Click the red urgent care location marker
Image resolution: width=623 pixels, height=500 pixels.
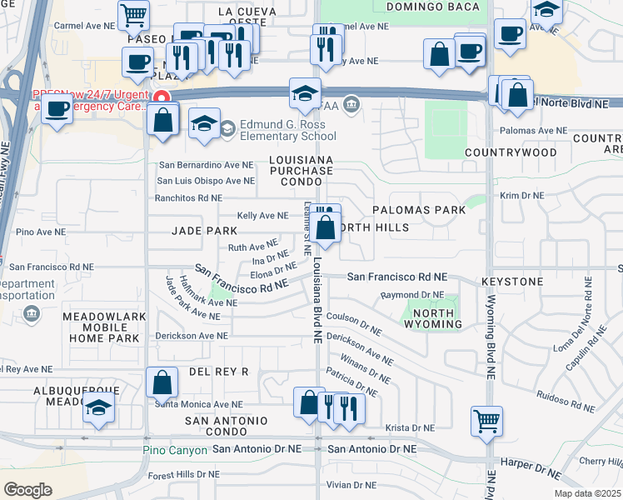click(163, 97)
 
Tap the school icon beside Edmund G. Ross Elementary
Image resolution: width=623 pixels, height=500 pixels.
click(204, 125)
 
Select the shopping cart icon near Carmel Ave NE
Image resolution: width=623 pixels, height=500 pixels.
click(133, 14)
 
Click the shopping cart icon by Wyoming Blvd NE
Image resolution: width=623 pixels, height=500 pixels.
click(486, 419)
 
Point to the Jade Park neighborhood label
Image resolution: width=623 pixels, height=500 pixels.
click(204, 230)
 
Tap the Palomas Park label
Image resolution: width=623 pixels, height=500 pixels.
click(419, 210)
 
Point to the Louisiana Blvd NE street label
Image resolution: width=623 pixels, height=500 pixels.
click(317, 300)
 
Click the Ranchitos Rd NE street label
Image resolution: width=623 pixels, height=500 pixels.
click(188, 198)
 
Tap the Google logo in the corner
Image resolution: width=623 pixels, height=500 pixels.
click(27, 489)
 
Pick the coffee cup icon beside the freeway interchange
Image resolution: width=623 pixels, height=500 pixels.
click(57, 107)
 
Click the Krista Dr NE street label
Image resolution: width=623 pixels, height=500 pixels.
click(407, 427)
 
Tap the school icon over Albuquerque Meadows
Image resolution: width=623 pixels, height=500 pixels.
click(98, 408)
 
